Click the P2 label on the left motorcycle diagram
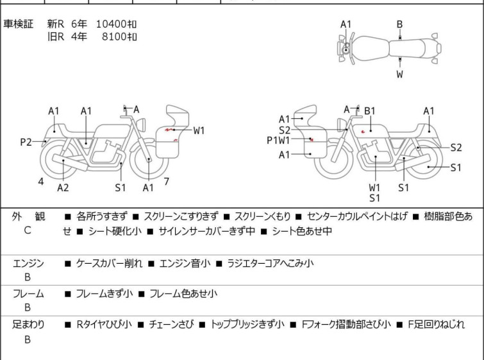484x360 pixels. coord(26,142)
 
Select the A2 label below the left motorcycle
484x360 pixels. coord(63,187)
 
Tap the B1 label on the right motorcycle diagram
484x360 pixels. coord(370,111)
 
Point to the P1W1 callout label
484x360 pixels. coord(279,140)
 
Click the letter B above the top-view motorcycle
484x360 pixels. coord(399,24)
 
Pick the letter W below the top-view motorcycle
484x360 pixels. coord(399,74)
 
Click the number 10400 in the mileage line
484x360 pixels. coord(111,24)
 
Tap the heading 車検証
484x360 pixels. coord(18,24)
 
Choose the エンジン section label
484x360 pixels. coord(28,263)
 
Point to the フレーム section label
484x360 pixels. coord(28,294)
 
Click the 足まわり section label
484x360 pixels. coord(28,325)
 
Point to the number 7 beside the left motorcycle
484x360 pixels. coord(166,182)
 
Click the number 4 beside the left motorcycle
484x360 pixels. coord(41,182)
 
